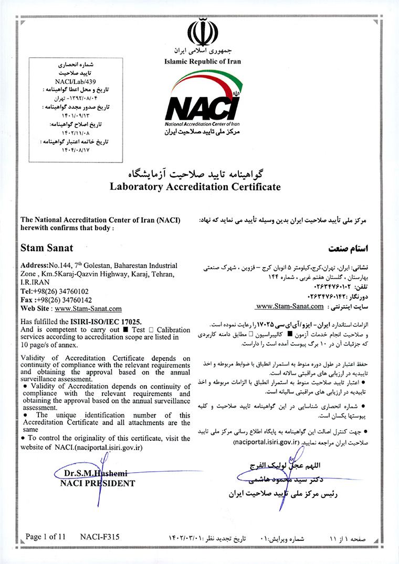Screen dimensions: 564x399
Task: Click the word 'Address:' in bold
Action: pos(34,266)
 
